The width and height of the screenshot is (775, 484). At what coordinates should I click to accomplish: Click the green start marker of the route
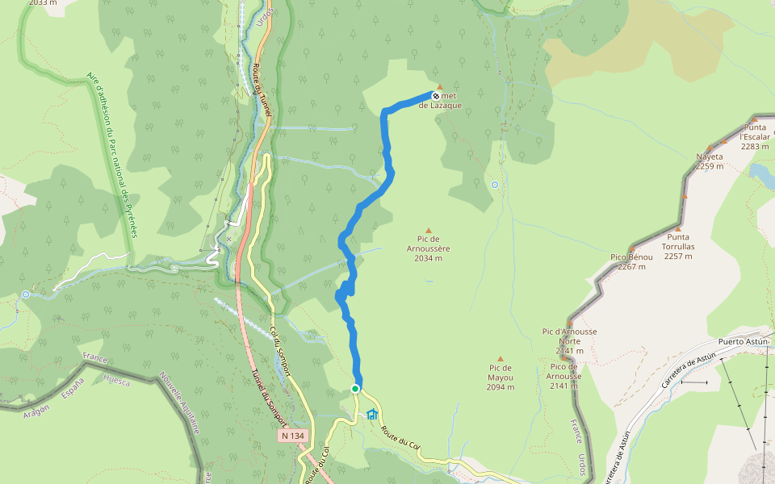coord(354,389)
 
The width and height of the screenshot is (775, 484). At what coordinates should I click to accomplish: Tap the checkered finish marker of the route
coord(436,95)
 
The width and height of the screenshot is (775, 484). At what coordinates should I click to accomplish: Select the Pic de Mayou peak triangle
coord(501,359)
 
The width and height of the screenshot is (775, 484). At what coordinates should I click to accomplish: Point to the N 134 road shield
coord(294,436)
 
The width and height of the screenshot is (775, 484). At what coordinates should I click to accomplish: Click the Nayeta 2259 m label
coord(710,161)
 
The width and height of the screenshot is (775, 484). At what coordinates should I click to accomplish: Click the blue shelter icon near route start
coord(372,415)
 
